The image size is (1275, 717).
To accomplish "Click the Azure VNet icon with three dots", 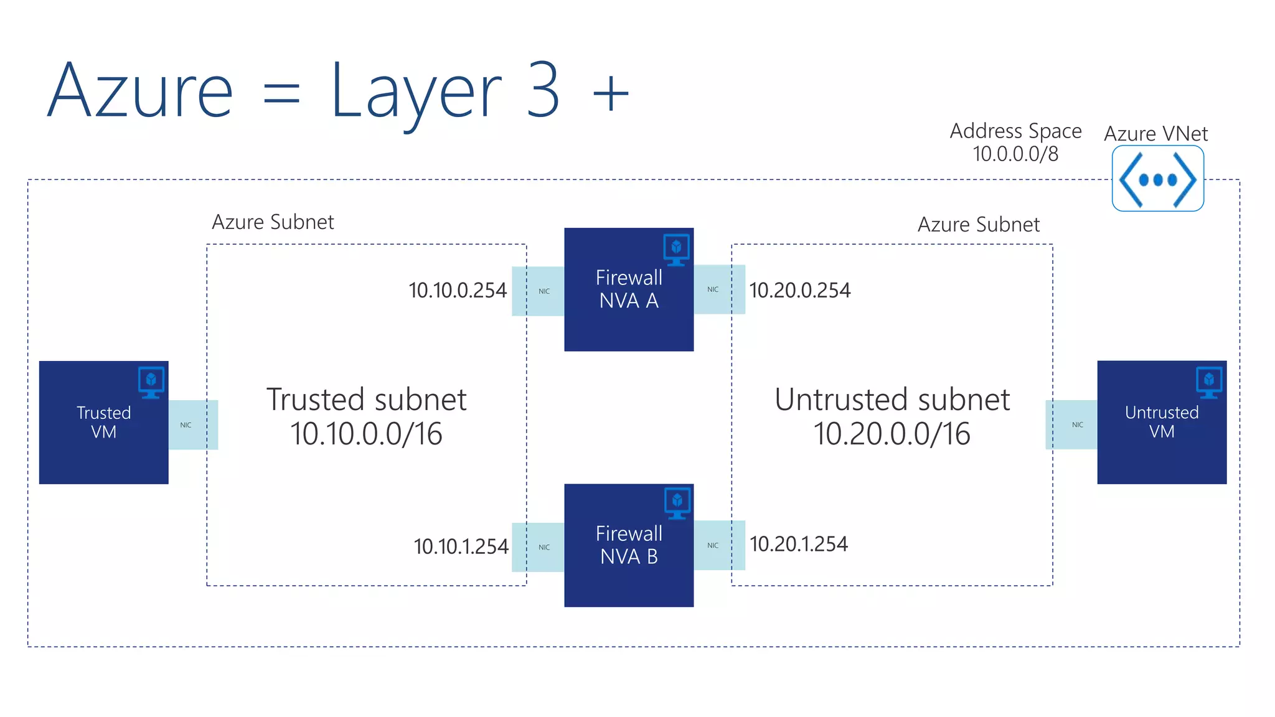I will pos(1157,179).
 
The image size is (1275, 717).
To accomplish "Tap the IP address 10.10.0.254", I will pos(458,291).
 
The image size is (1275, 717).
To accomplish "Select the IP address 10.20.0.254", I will pos(799,291).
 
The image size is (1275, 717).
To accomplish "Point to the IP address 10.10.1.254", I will pos(461,546).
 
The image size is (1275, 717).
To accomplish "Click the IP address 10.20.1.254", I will pos(798,545).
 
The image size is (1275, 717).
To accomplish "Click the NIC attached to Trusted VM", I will pos(192,425).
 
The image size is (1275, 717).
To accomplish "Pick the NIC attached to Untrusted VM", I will pos(1071,425).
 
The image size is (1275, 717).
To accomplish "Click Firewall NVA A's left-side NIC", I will pos(538,291).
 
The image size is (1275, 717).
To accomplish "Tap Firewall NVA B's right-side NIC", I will pos(719,545).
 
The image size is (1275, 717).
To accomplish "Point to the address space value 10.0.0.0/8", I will pos(1015,154).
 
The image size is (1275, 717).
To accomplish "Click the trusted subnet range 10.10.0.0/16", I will pos(366,434).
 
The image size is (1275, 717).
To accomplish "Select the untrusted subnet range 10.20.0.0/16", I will pos(892,434).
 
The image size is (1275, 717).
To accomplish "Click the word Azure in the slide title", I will pos(140,91).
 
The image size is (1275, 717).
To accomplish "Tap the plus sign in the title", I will pos(611,93).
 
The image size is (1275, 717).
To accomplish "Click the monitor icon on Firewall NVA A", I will pos(676,249).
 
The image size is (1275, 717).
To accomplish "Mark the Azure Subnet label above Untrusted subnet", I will pos(978,225).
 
